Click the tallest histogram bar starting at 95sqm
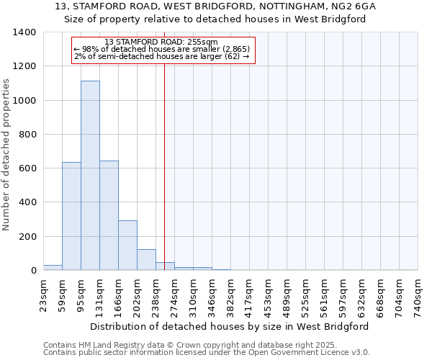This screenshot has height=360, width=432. click(90, 176)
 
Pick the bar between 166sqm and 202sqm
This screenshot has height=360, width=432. click(127, 246)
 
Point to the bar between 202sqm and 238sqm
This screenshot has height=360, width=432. click(146, 260)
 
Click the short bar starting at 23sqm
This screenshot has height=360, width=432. click(53, 267)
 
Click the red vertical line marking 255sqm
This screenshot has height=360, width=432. click(164, 166)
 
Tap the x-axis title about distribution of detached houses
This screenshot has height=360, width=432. click(230, 326)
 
